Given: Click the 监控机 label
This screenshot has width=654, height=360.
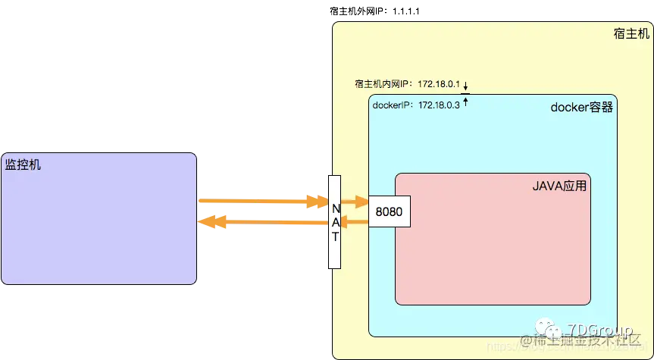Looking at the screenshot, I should (x=23, y=164).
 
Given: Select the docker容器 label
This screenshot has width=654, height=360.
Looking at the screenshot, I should (x=581, y=108).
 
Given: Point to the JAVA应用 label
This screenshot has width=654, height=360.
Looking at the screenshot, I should (x=560, y=185).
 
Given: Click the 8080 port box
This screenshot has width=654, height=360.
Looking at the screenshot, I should (x=389, y=211).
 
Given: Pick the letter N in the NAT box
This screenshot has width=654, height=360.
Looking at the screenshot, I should (x=336, y=205).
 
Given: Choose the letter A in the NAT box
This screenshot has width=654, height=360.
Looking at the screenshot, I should (x=336, y=220).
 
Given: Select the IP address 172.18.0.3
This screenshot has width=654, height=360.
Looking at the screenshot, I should (x=438, y=105).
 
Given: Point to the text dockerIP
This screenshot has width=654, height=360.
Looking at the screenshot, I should (x=392, y=105).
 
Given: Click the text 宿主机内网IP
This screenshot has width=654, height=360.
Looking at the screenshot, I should (x=383, y=84).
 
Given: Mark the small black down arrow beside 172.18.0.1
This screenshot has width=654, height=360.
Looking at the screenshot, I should (x=466, y=85).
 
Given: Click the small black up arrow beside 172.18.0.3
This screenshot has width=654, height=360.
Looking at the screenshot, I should (x=466, y=103).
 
